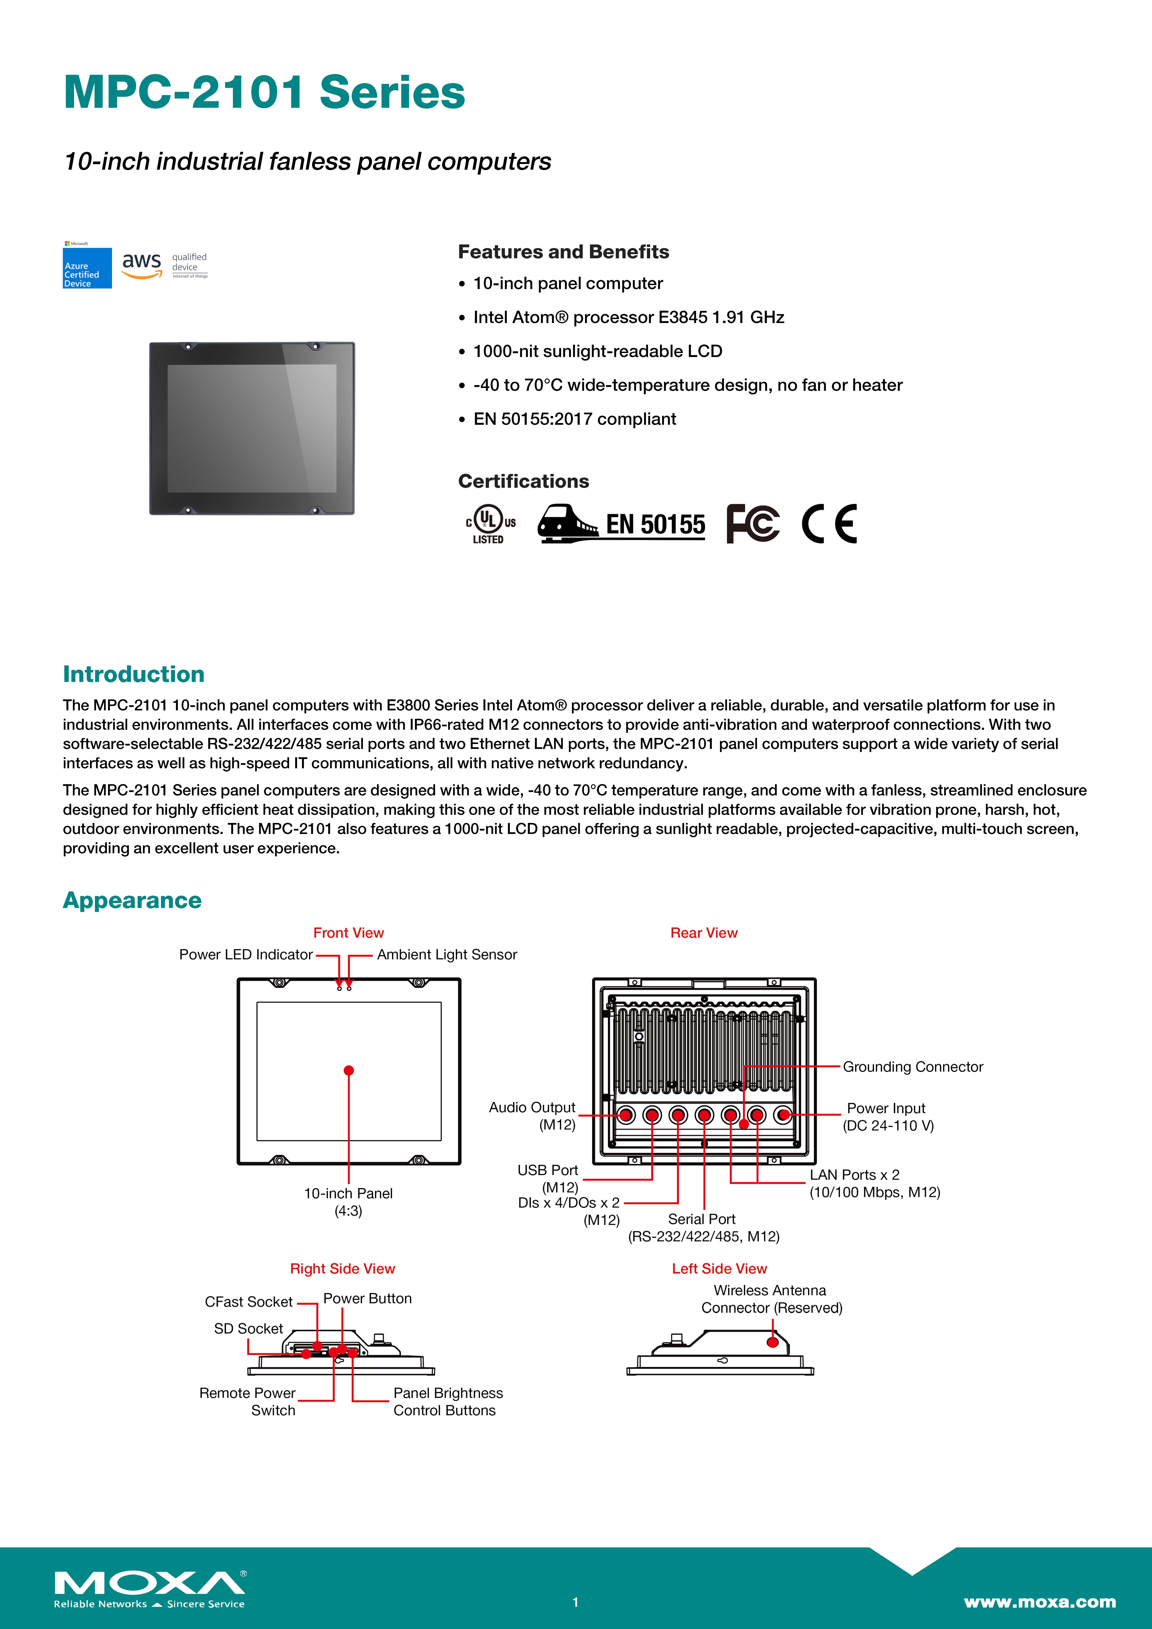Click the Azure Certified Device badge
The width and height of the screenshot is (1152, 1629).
point(87,267)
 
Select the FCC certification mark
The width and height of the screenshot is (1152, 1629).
point(752,524)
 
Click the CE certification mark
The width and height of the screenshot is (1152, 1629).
point(829,524)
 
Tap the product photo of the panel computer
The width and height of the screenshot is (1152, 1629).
point(252,429)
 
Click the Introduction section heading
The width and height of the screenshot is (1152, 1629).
point(133,674)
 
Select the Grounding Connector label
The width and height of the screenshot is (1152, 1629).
point(913,1067)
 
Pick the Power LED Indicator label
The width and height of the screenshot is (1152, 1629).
point(246,955)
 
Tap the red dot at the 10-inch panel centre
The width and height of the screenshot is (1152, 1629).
point(349,1071)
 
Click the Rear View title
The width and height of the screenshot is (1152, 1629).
point(703,933)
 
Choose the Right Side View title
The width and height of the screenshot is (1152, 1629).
point(342,1269)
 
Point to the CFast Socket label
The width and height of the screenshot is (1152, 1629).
point(248,1302)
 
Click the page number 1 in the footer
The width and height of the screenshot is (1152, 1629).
point(576,1602)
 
